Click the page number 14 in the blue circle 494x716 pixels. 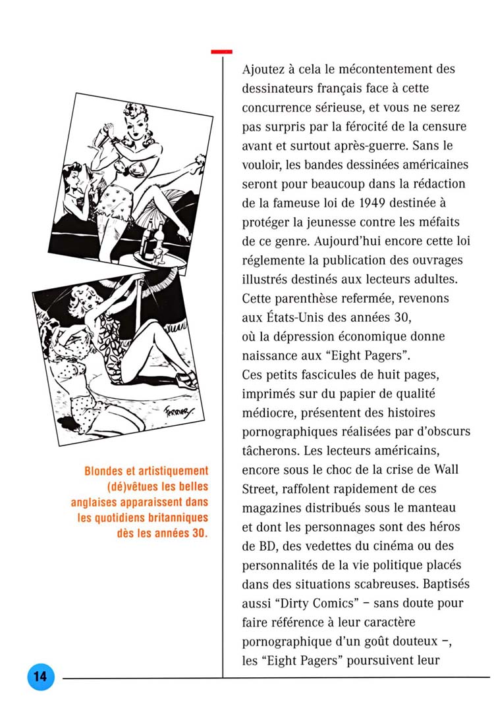coord(40,677)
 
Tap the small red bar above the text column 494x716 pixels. coord(221,51)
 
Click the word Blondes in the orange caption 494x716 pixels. coord(106,471)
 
